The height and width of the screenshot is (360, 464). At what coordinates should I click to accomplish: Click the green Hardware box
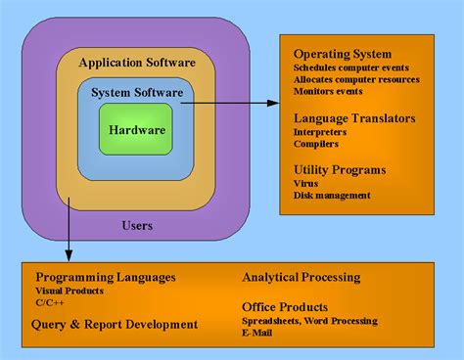tap(137, 129)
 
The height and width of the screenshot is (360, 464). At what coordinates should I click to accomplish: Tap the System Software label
tap(137, 93)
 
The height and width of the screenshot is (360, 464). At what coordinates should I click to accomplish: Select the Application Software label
tap(137, 63)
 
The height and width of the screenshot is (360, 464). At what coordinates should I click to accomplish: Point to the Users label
tap(137, 225)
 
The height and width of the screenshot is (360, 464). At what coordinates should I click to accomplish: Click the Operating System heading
tap(343, 53)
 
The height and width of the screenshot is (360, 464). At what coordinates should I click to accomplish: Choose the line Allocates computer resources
tap(356, 79)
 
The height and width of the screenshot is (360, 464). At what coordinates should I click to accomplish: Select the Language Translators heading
tap(354, 118)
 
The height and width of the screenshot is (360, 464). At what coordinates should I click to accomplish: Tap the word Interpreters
tap(321, 132)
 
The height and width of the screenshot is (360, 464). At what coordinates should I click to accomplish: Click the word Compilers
tap(316, 144)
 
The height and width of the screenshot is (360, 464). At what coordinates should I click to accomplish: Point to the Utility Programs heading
tap(340, 169)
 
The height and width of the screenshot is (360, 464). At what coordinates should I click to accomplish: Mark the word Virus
tap(305, 183)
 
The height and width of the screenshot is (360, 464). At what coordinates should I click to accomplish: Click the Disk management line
tap(332, 195)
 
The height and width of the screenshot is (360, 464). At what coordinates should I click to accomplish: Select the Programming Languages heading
tap(106, 277)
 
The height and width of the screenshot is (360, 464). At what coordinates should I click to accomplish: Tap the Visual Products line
tap(70, 291)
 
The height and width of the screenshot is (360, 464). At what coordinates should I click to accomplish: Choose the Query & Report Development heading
tap(116, 324)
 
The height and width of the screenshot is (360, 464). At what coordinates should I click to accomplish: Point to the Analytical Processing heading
tap(302, 277)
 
